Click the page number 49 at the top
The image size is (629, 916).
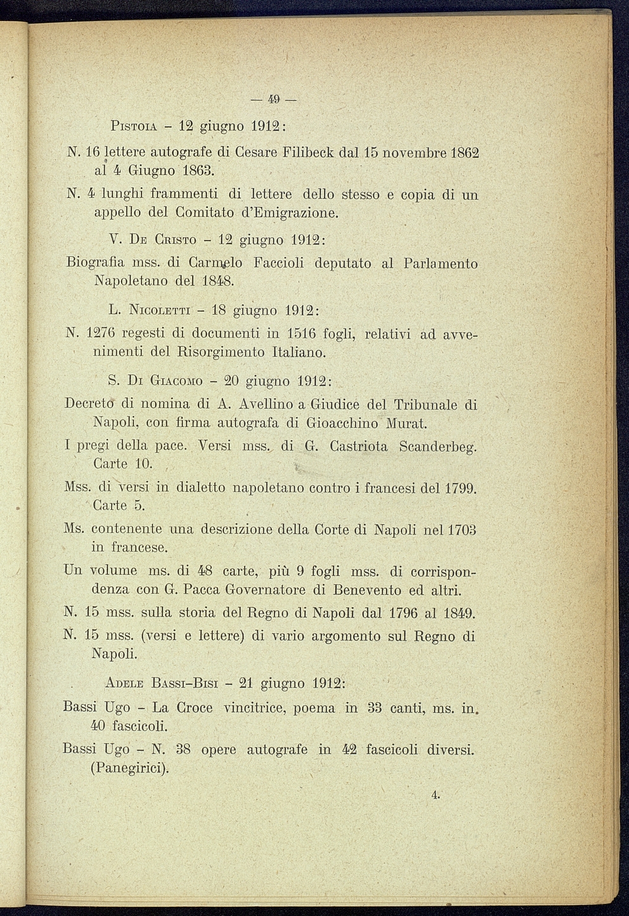[273, 99]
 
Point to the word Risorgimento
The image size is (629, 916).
[220, 351]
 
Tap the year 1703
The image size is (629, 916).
[460, 529]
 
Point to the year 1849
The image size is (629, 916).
[458, 613]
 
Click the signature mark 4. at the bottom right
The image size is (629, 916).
[435, 794]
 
